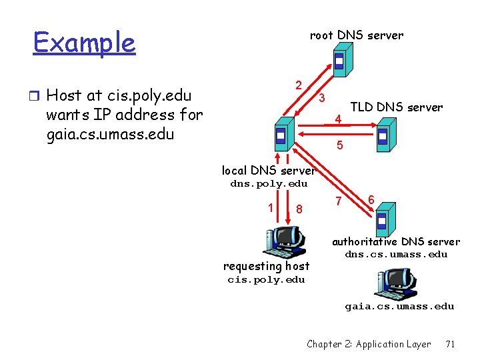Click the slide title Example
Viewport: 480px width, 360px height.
pyautogui.click(x=84, y=43)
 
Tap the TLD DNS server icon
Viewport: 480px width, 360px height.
pyautogui.click(x=383, y=135)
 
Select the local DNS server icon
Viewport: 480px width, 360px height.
pyautogui.click(x=282, y=136)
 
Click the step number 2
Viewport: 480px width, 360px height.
pyautogui.click(x=300, y=85)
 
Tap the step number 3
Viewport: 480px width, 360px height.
pyautogui.click(x=321, y=99)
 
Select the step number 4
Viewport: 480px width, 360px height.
pyautogui.click(x=338, y=120)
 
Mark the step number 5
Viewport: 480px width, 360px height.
pyautogui.click(x=340, y=145)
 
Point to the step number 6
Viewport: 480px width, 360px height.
pyautogui.click(x=371, y=198)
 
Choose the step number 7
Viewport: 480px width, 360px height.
pyautogui.click(x=339, y=201)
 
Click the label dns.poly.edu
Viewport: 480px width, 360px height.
pyautogui.click(x=269, y=184)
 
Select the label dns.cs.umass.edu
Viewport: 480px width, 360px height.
pyautogui.click(x=396, y=255)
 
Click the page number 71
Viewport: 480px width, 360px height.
pyautogui.click(x=450, y=344)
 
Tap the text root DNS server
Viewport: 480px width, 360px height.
pyautogui.click(x=357, y=35)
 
